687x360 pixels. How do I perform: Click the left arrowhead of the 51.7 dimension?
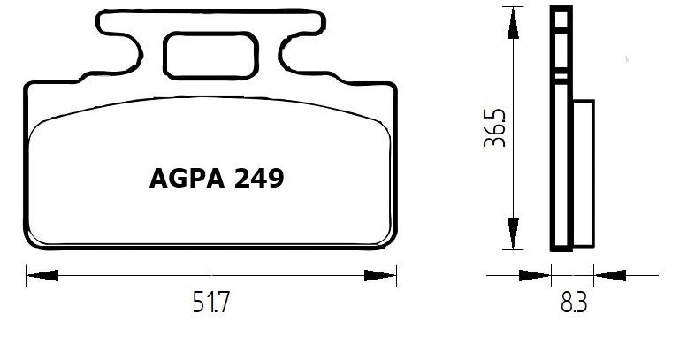(40, 275)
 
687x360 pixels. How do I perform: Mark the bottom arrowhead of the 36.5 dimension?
(512, 235)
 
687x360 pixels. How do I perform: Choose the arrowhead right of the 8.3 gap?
(610, 275)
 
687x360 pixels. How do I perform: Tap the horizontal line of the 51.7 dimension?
(133, 275)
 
